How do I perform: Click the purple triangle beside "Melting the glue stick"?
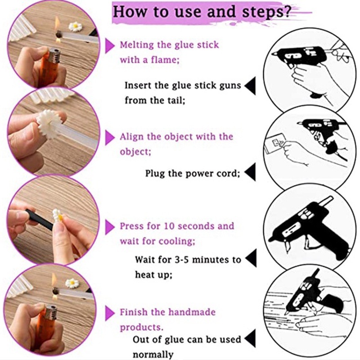(110, 45)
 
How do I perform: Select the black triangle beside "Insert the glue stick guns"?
(250, 85)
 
